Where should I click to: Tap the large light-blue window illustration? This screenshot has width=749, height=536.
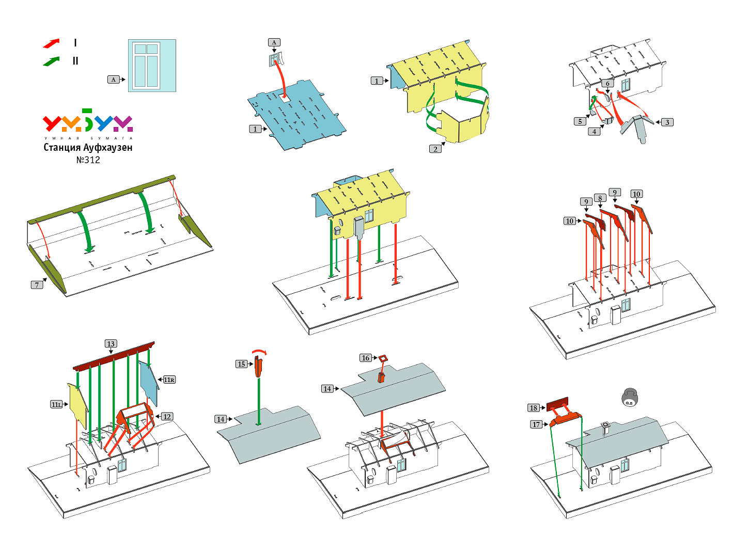click(x=152, y=66)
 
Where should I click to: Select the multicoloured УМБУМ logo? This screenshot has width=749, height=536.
click(x=88, y=122)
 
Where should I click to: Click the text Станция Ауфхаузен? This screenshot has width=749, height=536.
click(x=88, y=148)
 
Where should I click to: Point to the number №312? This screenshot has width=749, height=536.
click(x=88, y=160)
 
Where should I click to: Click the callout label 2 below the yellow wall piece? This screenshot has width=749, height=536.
click(x=435, y=149)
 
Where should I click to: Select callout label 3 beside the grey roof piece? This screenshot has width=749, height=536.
click(x=667, y=122)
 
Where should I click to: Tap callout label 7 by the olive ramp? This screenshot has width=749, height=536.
click(x=37, y=285)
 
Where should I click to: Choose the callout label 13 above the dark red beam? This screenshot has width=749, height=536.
click(x=111, y=344)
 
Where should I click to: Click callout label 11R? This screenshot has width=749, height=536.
click(x=169, y=380)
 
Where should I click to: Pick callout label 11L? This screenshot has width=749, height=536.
click(x=56, y=404)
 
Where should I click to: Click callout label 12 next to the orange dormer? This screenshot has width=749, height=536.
click(x=167, y=417)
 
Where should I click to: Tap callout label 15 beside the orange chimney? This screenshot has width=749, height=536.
click(x=241, y=364)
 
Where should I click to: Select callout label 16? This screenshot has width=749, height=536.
click(x=365, y=358)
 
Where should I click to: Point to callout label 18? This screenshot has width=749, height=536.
click(x=533, y=408)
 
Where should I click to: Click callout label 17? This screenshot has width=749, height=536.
click(x=536, y=424)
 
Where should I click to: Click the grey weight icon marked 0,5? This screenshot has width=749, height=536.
click(x=629, y=398)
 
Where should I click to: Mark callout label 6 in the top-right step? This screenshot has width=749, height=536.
click(x=607, y=83)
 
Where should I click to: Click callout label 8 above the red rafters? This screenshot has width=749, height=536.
click(x=600, y=198)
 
